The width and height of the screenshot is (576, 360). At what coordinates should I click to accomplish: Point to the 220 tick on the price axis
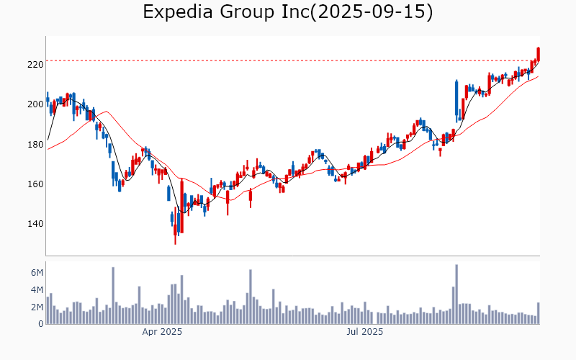pyautogui.click(x=35, y=65)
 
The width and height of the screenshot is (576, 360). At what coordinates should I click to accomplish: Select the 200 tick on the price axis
pyautogui.click(x=35, y=104)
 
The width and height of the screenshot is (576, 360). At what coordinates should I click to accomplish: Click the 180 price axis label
pyautogui.click(x=35, y=145)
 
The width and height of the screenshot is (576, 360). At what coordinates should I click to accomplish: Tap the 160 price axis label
pyautogui.click(x=35, y=184)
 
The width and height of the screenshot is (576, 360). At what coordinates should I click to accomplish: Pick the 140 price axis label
pyautogui.click(x=35, y=224)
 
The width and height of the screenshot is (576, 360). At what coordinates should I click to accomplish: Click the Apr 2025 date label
pyautogui.click(x=162, y=333)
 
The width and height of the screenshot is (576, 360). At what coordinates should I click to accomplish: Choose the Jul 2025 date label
pyautogui.click(x=365, y=333)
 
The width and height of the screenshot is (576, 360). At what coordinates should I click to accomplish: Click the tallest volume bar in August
pyautogui.click(x=456, y=294)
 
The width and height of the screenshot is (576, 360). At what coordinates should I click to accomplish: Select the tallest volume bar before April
pyautogui.click(x=113, y=296)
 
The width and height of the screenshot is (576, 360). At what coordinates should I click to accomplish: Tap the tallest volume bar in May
pyautogui.click(x=251, y=297)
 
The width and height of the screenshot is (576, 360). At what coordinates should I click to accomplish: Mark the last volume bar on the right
pyautogui.click(x=538, y=313)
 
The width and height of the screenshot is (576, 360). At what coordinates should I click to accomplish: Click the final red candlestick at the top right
pyautogui.click(x=538, y=53)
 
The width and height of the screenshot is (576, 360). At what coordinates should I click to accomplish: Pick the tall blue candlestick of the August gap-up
pyautogui.click(x=456, y=97)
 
